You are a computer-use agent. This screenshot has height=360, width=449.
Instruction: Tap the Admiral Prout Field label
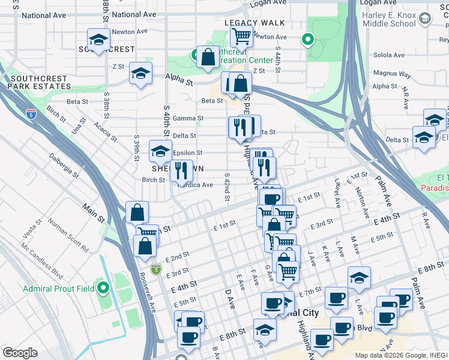(58, 289)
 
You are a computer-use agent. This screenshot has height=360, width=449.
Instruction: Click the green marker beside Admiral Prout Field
(103, 289)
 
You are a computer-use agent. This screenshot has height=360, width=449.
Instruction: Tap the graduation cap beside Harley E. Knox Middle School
(425, 19)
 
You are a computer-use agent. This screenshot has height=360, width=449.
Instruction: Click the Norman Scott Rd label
(68, 238)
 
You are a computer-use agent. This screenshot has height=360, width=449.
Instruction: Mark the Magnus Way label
(391, 75)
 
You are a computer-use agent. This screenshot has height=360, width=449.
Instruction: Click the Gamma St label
(184, 118)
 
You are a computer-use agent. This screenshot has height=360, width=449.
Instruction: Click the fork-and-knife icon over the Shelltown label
(181, 170)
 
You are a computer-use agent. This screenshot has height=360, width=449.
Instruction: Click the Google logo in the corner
(20, 352)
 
